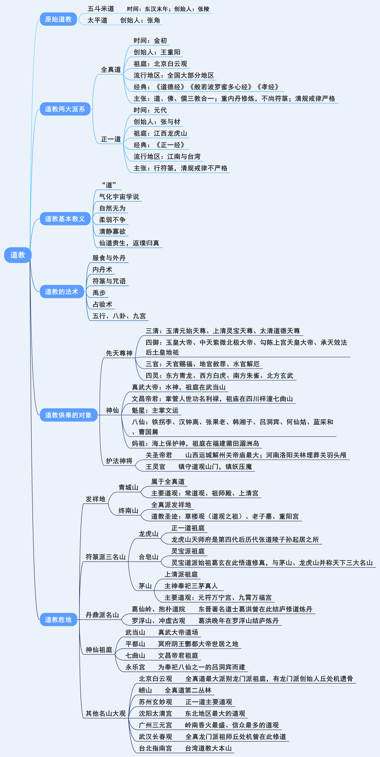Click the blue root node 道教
[18, 255]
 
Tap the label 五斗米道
[101, 9]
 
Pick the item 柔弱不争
[112, 220]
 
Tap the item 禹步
[99, 293]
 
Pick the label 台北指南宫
[155, 748]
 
